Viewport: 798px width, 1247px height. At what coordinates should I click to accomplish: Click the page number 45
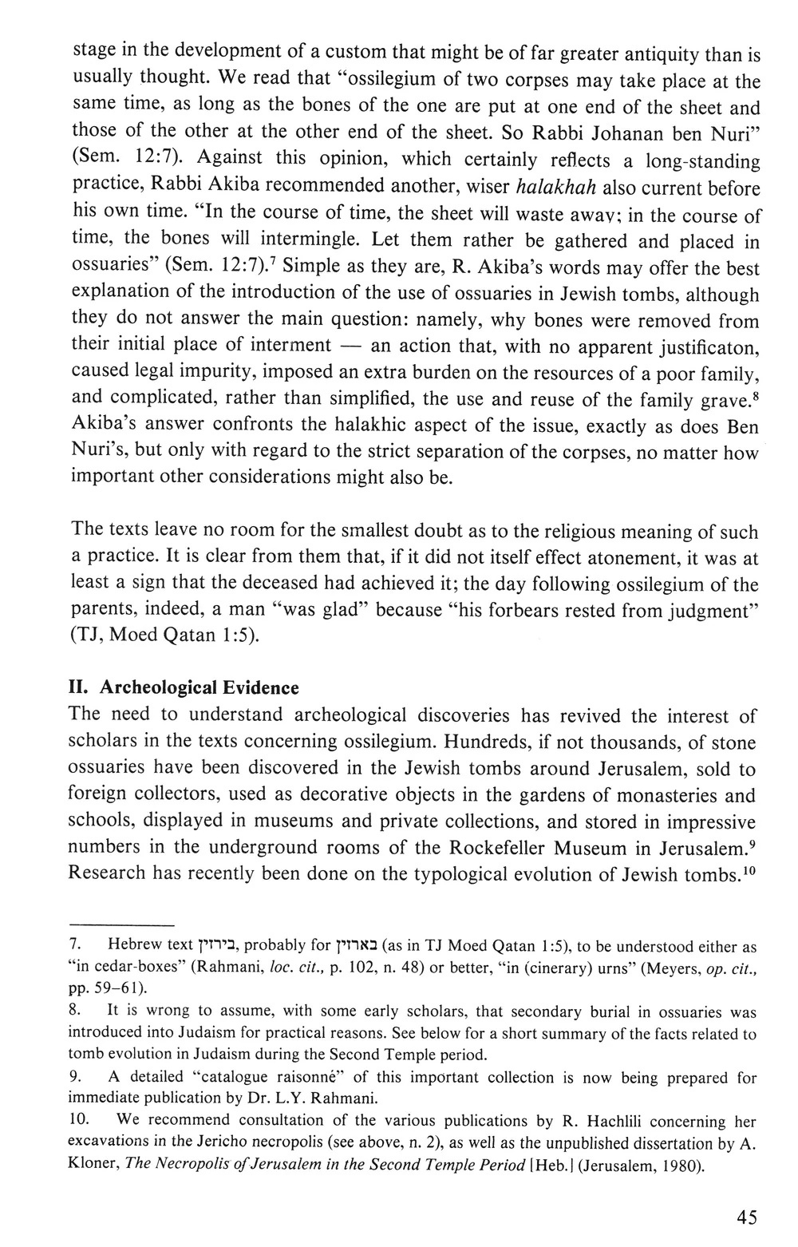point(747,1217)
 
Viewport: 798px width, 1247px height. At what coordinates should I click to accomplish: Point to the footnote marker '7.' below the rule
point(76,947)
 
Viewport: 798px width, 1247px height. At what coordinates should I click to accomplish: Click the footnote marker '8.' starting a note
point(76,1013)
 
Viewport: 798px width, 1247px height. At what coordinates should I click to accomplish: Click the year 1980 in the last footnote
point(684,1166)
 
